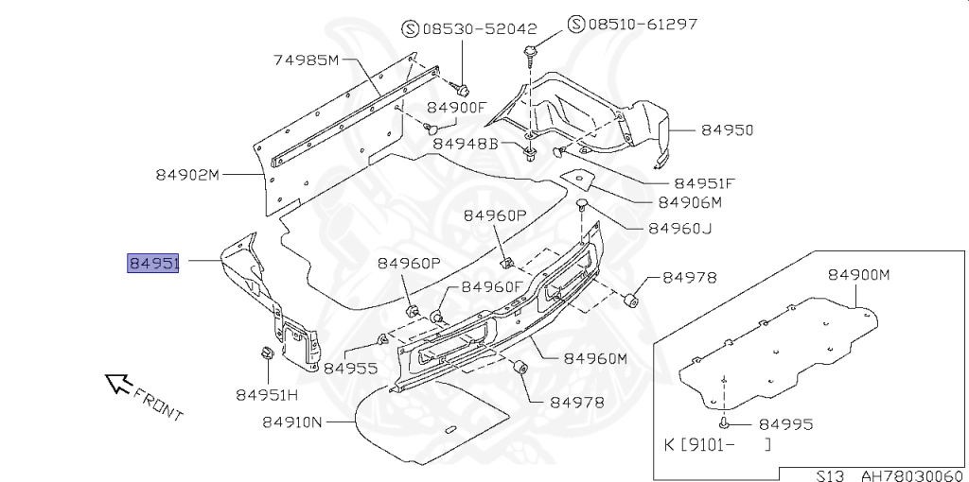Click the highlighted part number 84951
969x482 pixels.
pos(153,262)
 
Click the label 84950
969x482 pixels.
pos(727,130)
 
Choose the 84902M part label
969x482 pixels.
pos(187,175)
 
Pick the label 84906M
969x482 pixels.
pos(690,202)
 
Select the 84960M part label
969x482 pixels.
pos(596,358)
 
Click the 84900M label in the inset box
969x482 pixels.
pos(860,274)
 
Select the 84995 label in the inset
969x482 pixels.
pos(785,424)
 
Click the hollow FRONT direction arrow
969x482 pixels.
pos(116,381)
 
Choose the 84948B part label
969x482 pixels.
pos(466,144)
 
